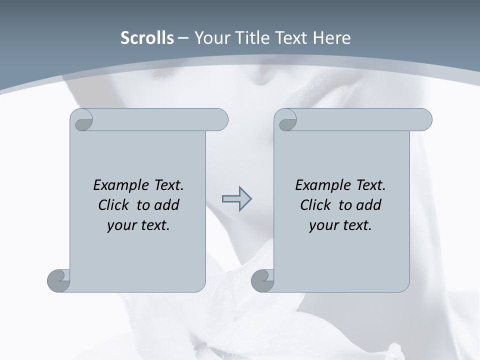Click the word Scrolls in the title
[x=147, y=38]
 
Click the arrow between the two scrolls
[x=236, y=198]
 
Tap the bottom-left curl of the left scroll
[x=59, y=280]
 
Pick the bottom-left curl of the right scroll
[x=262, y=280]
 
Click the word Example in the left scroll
[x=117, y=185]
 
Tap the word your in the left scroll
[x=120, y=225]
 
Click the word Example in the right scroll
[x=319, y=185]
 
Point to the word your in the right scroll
[x=322, y=225]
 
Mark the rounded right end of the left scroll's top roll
[x=220, y=119]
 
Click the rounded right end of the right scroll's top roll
[x=424, y=119]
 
